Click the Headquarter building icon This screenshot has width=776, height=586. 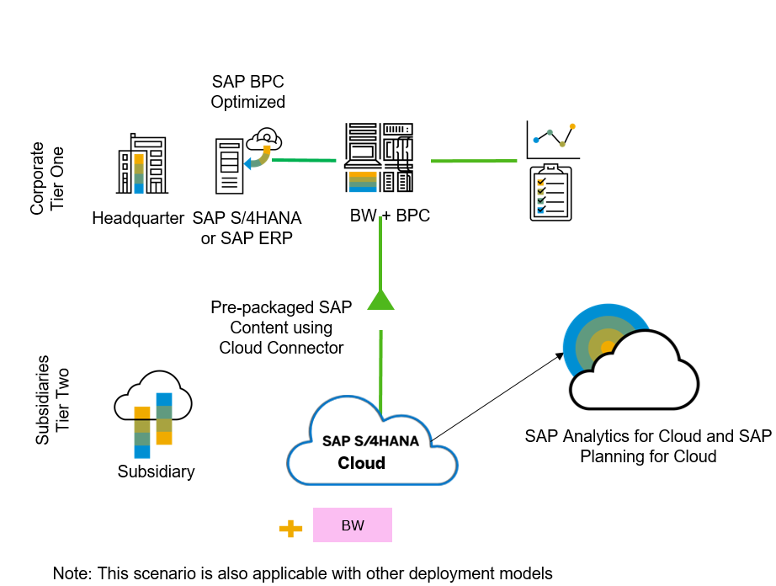click(x=141, y=166)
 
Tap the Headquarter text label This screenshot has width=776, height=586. click(x=138, y=219)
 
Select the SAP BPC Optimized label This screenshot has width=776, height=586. click(x=247, y=93)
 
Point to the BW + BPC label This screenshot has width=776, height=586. click(x=390, y=216)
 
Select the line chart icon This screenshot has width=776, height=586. click(x=551, y=140)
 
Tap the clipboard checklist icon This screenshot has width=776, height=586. click(x=550, y=194)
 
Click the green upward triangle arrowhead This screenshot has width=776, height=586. click(x=380, y=300)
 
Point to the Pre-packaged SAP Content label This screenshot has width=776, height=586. click(x=281, y=327)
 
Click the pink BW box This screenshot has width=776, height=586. click(x=353, y=525)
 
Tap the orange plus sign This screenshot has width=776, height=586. click(x=290, y=529)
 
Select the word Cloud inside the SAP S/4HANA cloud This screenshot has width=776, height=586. click(x=362, y=463)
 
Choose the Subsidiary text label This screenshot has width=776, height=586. click(x=156, y=471)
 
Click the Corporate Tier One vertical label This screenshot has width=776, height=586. click(x=47, y=179)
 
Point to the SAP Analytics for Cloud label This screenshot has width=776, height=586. click(x=647, y=446)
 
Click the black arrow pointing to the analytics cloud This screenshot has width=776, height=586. click(x=498, y=396)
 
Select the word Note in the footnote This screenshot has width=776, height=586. click(x=71, y=573)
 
